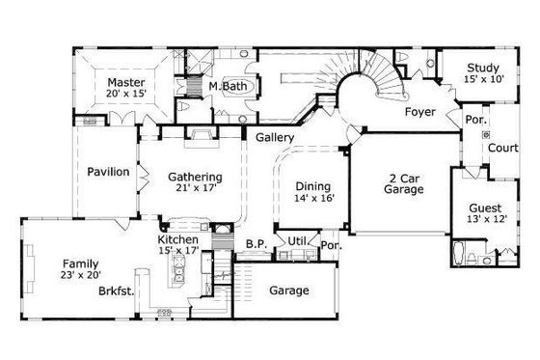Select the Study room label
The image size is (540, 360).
(481, 68)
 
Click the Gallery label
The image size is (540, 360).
(275, 138)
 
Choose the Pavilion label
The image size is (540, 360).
(108, 172)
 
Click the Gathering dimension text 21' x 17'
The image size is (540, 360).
(196, 189)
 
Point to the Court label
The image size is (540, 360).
(501, 149)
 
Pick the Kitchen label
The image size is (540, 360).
(178, 239)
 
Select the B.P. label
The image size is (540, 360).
(256, 244)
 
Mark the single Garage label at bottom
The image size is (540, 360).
(288, 290)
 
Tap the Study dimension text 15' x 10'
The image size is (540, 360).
(481, 80)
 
